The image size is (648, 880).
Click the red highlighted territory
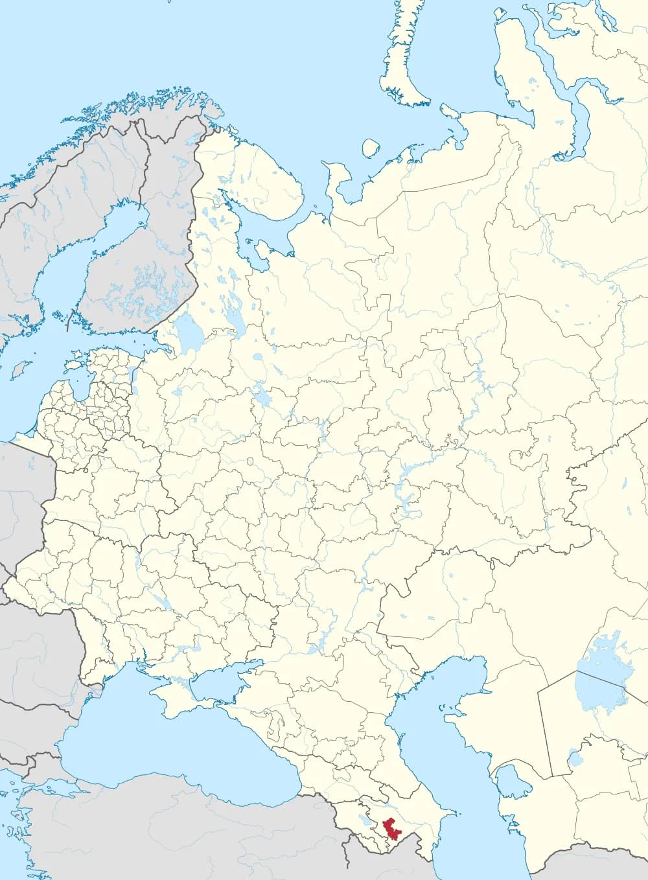pos(391,829)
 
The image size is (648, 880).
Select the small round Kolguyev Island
pos(370,148)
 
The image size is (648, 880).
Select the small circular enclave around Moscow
pos(250,461)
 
